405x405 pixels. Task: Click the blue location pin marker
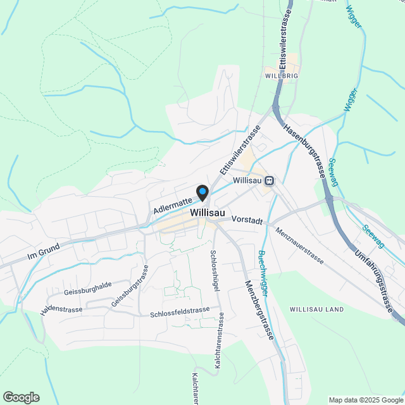pyautogui.click(x=202, y=192)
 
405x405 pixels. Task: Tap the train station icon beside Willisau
pyautogui.click(x=270, y=181)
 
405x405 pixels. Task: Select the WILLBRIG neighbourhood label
pyautogui.click(x=281, y=75)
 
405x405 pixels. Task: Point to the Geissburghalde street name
pyautogui.click(x=88, y=292)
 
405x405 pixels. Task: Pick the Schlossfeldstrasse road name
pyautogui.click(x=180, y=311)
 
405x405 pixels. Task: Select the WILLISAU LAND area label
pyautogui.click(x=316, y=309)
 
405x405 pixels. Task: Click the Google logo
pyautogui.click(x=20, y=397)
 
